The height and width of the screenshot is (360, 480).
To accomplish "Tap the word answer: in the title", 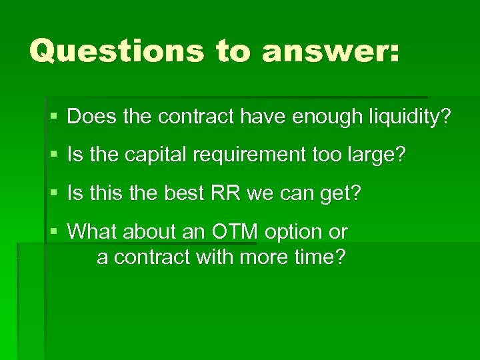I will tap(331, 51).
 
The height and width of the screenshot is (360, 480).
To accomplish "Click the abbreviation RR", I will tap(225, 194).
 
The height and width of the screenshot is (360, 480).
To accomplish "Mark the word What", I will tap(92, 232).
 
